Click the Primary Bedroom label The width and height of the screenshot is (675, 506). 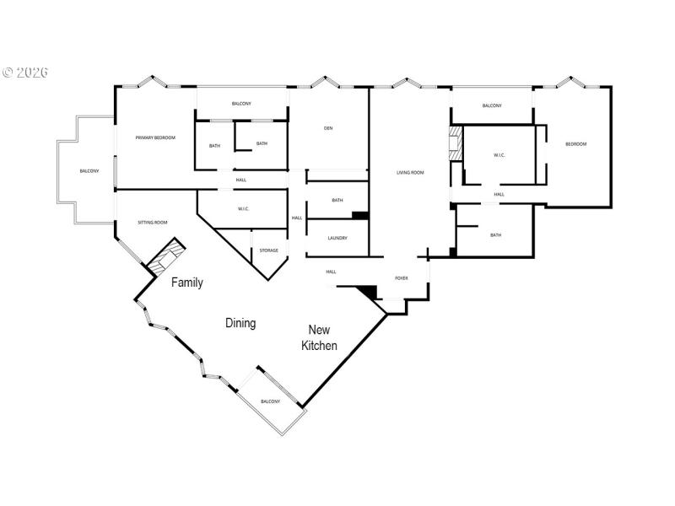155,137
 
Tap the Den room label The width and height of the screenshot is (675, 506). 328,129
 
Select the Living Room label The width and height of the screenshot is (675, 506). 410,173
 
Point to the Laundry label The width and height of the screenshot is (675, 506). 337,238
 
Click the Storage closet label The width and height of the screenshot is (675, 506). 268,250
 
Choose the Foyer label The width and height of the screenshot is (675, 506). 402,277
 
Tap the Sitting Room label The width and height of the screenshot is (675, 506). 153,223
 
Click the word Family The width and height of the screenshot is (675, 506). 187,283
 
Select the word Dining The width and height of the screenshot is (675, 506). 240,323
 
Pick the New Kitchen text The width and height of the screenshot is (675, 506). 321,337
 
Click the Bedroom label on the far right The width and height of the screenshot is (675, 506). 575,144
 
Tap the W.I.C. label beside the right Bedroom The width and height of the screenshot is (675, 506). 499,155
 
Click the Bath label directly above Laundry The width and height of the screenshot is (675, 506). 337,200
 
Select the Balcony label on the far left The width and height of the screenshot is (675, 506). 89,171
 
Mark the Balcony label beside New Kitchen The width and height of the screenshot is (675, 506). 270,401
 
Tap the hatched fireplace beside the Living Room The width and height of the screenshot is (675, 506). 456,143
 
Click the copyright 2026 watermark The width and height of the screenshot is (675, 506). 25,73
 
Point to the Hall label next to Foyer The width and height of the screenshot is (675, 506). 331,272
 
